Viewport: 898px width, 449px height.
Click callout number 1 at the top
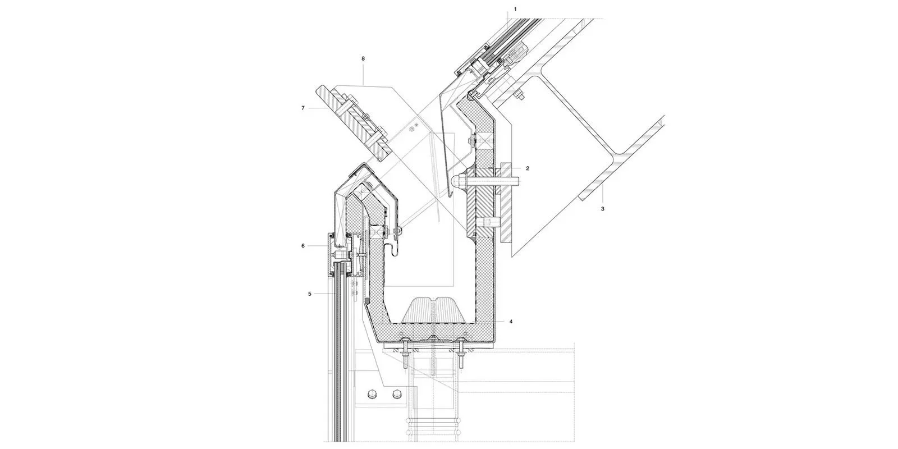(515, 9)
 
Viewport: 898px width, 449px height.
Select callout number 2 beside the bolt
(527, 168)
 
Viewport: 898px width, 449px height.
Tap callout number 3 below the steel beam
(602, 208)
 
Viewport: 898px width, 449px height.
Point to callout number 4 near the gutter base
(510, 322)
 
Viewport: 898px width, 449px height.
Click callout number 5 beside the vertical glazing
(309, 293)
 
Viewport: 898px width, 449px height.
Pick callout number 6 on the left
(303, 245)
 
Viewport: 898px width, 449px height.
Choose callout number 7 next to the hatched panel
(303, 108)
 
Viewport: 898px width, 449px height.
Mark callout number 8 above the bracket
(363, 58)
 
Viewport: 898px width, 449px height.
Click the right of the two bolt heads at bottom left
(397, 395)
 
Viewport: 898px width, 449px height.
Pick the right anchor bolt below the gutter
(461, 357)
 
